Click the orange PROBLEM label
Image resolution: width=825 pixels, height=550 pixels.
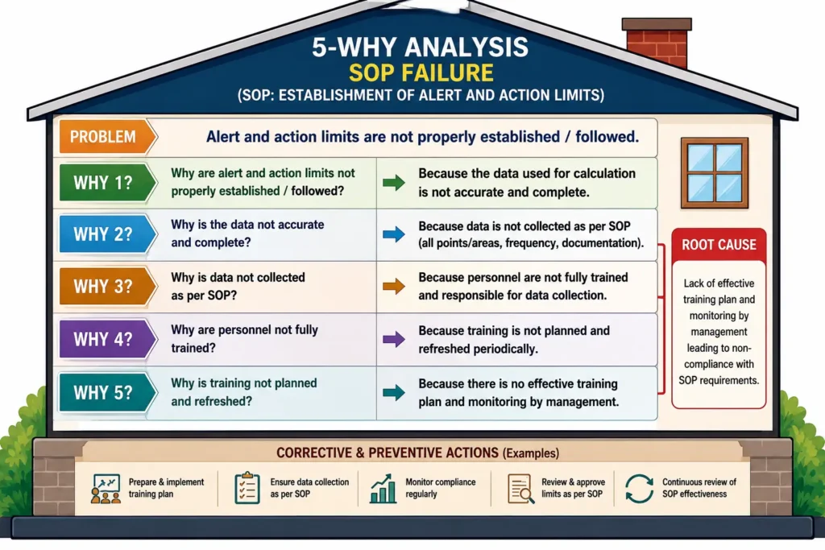(x=107, y=137)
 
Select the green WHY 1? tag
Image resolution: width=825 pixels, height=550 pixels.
(x=107, y=183)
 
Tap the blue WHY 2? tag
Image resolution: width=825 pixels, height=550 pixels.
(x=107, y=234)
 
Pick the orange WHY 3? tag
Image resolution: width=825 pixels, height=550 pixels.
(x=107, y=287)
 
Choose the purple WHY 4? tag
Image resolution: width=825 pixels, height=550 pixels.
(x=107, y=339)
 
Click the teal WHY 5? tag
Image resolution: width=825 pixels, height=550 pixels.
(x=107, y=392)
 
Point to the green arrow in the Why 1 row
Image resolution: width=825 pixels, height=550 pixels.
(x=393, y=183)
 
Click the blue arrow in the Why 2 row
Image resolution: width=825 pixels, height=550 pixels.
(x=393, y=234)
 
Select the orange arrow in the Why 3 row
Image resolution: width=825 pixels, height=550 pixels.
(x=393, y=287)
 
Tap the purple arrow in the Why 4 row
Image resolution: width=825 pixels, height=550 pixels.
(x=393, y=339)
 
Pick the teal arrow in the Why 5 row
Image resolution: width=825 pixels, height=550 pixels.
(x=393, y=392)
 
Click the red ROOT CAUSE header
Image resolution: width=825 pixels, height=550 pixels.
(x=719, y=245)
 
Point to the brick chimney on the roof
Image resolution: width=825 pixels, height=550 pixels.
(x=657, y=43)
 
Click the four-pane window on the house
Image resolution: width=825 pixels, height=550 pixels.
(x=715, y=173)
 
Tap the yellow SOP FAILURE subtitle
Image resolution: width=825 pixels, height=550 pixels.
(x=421, y=72)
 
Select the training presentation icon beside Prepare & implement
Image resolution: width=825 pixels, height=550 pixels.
(x=106, y=489)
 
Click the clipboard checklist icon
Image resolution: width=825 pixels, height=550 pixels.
(x=247, y=488)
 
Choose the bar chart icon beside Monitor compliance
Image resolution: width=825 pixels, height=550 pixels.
(x=383, y=489)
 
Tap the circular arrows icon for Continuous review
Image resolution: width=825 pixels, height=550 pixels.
(x=639, y=489)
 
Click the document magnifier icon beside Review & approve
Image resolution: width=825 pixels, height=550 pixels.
(x=521, y=489)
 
